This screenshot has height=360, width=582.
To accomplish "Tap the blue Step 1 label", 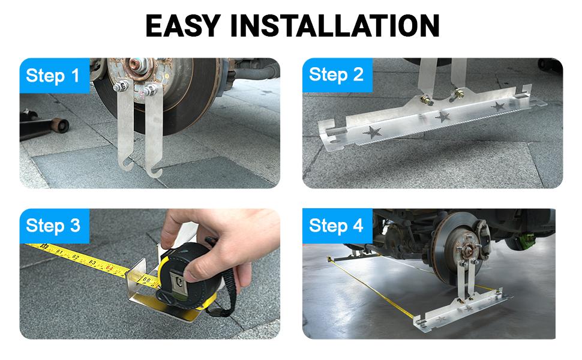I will (53, 76).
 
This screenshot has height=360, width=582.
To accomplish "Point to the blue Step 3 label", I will (53, 226).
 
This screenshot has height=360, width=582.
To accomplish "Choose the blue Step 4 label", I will (336, 226).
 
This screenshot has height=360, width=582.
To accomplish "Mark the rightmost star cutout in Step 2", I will (497, 106).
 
